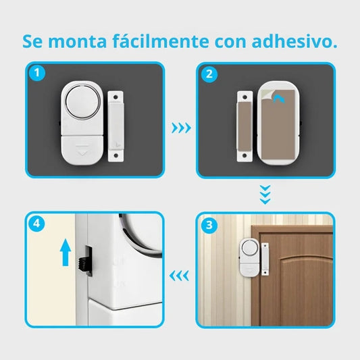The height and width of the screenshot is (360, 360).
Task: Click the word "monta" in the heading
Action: point(78,42)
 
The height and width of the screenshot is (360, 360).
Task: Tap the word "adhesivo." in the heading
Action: point(294,41)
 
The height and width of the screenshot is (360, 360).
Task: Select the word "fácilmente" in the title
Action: point(161,41)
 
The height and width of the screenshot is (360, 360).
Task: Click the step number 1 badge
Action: point(37,73)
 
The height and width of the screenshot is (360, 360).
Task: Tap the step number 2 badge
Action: point(209,74)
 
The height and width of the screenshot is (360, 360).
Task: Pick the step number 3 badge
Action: point(209,225)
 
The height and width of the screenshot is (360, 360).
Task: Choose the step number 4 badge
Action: point(36,223)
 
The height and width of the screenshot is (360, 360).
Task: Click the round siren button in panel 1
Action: point(83,101)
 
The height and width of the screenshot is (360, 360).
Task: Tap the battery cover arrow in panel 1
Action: point(82,149)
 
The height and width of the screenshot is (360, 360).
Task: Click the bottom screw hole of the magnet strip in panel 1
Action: point(115,155)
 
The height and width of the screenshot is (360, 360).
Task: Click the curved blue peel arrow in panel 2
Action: point(280,99)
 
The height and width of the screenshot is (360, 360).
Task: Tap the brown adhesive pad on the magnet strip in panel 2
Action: point(245,126)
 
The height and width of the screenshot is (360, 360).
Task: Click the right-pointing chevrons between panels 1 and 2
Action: point(182,128)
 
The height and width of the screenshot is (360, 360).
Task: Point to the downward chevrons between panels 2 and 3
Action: point(265,195)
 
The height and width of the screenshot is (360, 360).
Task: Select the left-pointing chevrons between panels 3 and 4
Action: point(179,276)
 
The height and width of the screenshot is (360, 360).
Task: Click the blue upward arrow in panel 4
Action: point(66,253)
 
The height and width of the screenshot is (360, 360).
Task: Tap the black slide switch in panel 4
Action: point(84,264)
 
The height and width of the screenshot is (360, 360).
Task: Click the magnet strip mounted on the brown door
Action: point(265,259)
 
